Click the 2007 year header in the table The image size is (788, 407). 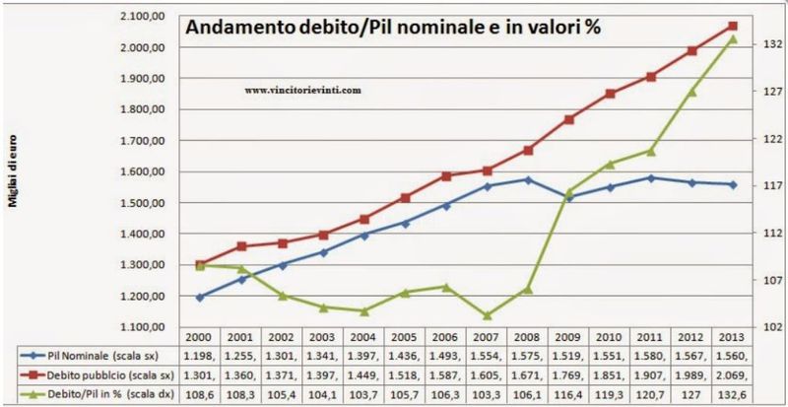488,337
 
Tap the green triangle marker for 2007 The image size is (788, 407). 488,315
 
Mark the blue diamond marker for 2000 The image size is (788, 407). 200,297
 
